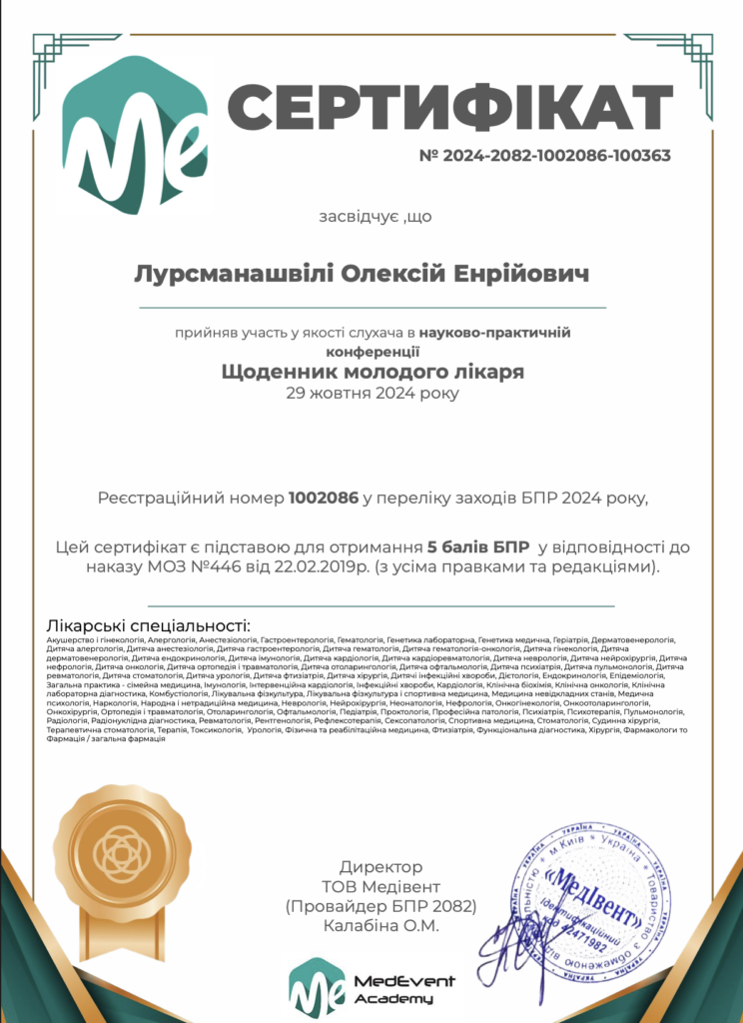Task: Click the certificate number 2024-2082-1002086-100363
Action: point(544,156)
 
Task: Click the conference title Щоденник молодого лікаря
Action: point(371,372)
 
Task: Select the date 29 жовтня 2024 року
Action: point(371,393)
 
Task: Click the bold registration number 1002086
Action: point(324,498)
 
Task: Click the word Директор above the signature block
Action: point(380,866)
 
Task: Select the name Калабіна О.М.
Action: point(380,926)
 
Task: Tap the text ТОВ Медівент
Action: point(380,886)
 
